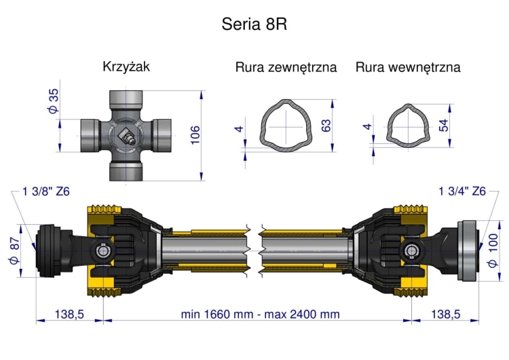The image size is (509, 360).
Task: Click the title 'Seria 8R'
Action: pos(255,24)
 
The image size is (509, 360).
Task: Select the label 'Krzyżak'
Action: pos(126,67)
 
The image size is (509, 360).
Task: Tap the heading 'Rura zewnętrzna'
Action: pos(286,68)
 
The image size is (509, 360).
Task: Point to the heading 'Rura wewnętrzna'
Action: pos(408,68)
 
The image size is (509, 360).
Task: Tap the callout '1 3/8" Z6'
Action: pos(46,192)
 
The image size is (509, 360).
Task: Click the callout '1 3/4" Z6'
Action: pos(462,192)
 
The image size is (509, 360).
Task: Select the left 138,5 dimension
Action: pos(69,314)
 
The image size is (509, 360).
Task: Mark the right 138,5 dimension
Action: pos(445,314)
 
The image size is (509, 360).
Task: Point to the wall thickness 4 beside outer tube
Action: pos(238,129)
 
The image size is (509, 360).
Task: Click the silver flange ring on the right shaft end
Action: pos(468,250)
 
